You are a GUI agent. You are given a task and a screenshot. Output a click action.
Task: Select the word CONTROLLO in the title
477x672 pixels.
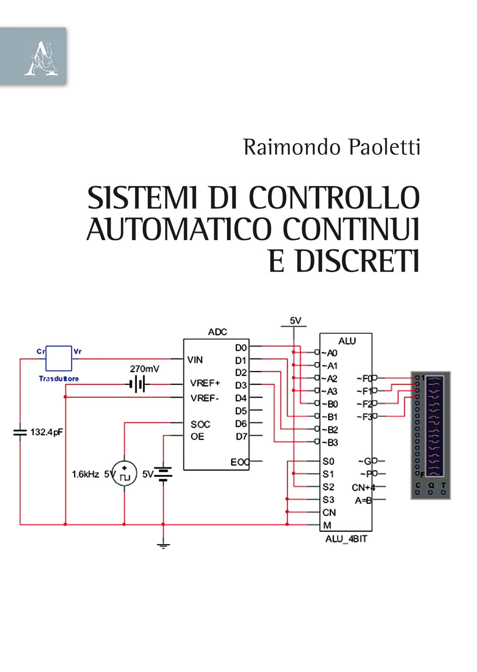click(334, 198)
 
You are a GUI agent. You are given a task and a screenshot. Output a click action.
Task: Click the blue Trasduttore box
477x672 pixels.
click(59, 358)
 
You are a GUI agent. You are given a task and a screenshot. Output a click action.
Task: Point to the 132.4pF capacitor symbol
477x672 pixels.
click(20, 432)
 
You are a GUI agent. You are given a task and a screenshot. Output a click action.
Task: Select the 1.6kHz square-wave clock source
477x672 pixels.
click(124, 474)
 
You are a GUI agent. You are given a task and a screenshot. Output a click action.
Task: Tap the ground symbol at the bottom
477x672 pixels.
click(163, 545)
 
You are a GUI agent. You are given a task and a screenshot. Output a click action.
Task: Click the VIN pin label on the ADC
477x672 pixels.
click(195, 360)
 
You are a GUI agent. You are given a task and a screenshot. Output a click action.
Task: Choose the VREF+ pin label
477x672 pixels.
click(205, 383)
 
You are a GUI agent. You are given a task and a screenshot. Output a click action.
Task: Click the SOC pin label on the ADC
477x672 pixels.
click(200, 424)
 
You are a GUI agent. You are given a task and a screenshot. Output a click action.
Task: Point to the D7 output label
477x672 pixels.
click(241, 436)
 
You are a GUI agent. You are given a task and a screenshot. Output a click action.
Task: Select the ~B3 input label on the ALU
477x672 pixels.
click(330, 442)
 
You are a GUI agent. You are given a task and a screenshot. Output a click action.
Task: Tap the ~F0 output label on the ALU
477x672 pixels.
click(364, 378)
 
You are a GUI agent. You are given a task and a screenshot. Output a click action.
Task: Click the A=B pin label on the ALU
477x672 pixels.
click(363, 500)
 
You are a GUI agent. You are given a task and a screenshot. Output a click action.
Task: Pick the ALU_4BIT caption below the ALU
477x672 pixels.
click(346, 539)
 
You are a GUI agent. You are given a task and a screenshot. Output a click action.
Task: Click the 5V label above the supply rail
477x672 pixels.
click(296, 321)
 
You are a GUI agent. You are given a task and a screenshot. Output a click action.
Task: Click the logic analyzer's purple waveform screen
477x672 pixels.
click(435, 426)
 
